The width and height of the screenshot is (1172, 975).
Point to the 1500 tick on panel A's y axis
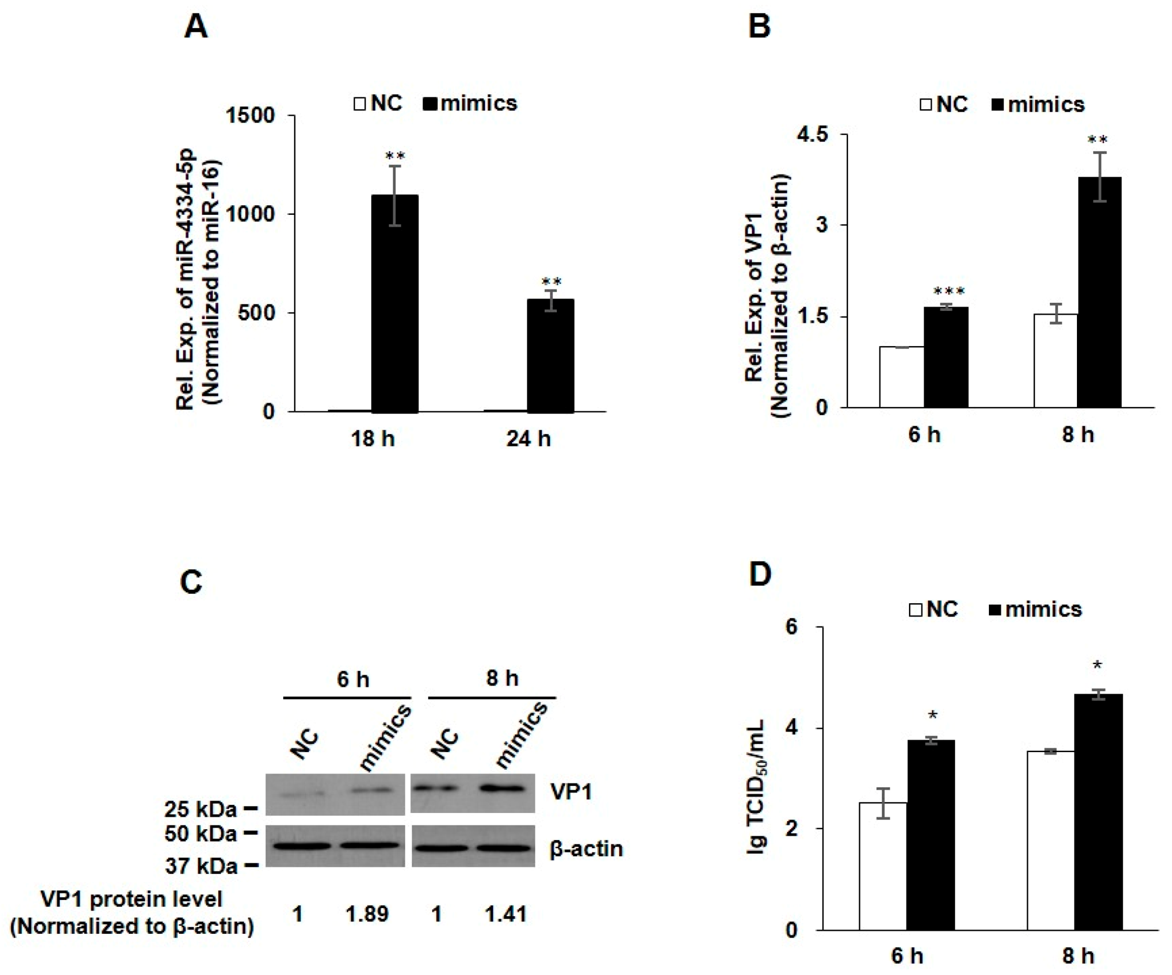pos(249,116)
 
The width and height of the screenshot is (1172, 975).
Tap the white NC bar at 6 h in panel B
pos(901,377)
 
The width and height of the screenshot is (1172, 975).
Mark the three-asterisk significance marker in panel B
pos(949,291)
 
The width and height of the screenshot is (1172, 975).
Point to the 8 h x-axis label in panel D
pos(1077,955)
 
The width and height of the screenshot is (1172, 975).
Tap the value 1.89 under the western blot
pos(367,914)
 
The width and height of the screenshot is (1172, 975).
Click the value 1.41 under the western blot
pos(505,914)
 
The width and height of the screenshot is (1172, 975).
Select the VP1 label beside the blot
pos(570,791)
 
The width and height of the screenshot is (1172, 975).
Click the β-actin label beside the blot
pos(586,849)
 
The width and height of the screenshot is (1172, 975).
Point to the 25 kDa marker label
pos(200,808)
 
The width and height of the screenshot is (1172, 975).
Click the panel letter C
pos(192,582)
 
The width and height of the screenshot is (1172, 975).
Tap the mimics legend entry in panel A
pos(478,103)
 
